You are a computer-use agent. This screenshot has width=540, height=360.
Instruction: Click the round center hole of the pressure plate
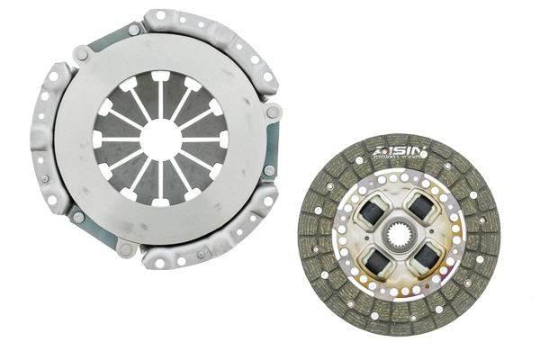[x=161, y=139]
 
